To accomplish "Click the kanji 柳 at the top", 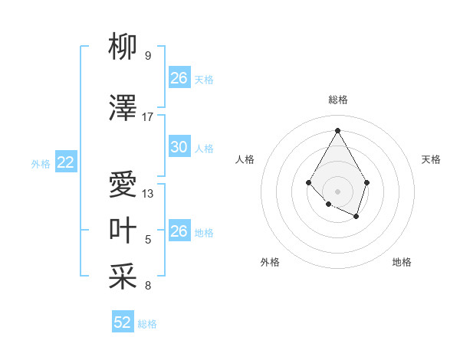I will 123,47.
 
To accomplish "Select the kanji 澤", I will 123,109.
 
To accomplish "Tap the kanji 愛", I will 123,185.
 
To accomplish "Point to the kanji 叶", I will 123,231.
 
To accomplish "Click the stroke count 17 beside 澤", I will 148,117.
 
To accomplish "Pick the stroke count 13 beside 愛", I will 148,194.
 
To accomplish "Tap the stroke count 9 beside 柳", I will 148,56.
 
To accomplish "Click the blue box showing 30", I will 179,147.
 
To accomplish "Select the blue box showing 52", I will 123,322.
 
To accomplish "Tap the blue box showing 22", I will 66,162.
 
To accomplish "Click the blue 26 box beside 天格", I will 179,78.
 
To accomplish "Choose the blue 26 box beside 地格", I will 179,231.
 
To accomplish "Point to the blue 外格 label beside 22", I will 41,163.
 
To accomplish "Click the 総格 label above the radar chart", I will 337,100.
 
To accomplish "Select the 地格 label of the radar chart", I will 402,262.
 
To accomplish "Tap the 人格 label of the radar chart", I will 245,159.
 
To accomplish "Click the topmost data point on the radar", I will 337,129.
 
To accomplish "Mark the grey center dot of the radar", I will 337,191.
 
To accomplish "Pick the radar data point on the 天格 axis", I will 367,182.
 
